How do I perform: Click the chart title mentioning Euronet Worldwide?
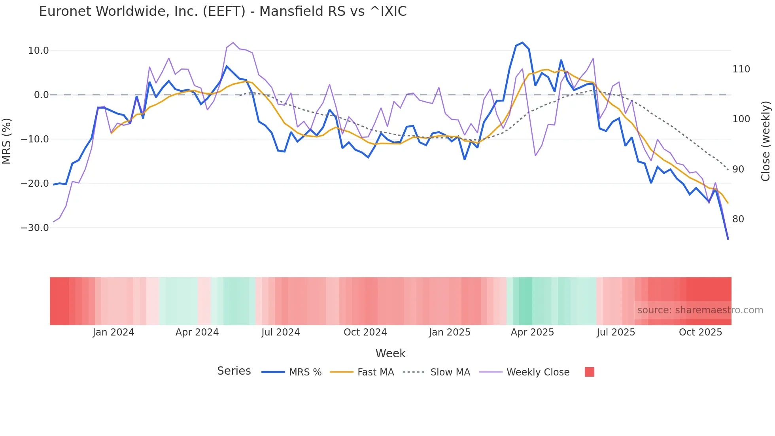223,11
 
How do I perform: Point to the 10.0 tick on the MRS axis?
38,51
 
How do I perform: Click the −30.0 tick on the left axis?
35,228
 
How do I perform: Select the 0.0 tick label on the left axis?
41,95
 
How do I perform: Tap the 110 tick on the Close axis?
741,69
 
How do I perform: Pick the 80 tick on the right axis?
738,219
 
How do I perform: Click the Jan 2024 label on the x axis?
113,332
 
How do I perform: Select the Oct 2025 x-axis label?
700,332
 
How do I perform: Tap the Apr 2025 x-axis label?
532,332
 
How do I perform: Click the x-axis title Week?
390,353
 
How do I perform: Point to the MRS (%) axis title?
7,141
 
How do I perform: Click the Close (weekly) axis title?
766,141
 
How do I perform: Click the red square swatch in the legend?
589,372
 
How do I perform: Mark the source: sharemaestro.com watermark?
700,310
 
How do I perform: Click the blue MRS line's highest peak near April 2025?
522,43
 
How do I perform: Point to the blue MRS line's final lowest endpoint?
728,239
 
